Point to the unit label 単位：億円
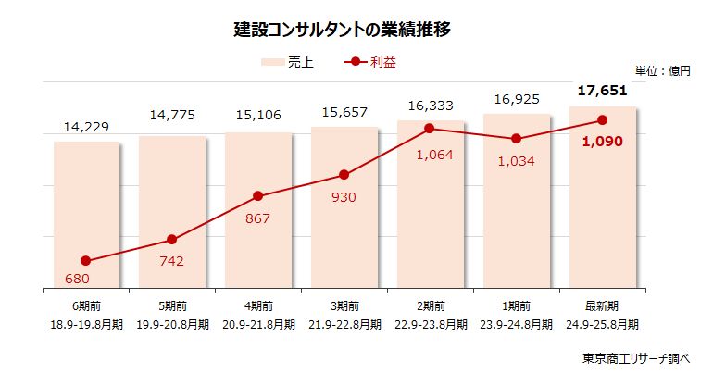tap(663, 70)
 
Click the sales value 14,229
tap(86, 127)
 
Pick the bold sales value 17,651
tap(602, 91)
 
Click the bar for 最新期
tap(602, 204)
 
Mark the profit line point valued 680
tap(86, 261)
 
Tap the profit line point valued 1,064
tap(430, 129)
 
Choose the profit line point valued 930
tap(344, 175)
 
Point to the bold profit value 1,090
tap(602, 142)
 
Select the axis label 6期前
tap(86, 306)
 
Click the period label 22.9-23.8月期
tap(430, 324)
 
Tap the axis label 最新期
tap(602, 306)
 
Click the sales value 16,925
tap(516, 98)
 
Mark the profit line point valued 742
tap(172, 240)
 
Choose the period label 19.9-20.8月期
tap(172, 324)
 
